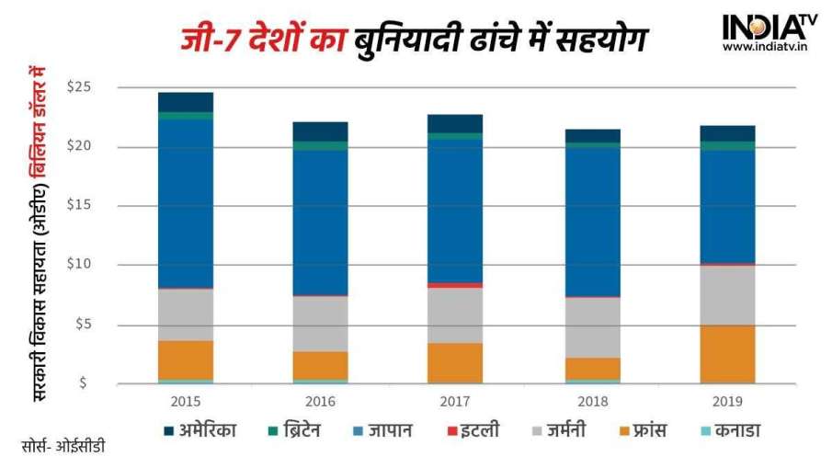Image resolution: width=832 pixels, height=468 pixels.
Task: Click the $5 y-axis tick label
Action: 82,325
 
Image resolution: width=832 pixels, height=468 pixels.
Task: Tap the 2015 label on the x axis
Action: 186,401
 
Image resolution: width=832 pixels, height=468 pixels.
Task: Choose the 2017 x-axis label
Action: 456,401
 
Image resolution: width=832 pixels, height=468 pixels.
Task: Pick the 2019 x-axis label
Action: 727,401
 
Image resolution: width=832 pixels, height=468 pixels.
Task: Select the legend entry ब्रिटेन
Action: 293,430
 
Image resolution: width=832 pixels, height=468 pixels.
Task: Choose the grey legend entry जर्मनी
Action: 560,430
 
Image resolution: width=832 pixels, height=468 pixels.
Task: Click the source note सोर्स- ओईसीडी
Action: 63,447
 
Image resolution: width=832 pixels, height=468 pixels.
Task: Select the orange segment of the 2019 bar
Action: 727,354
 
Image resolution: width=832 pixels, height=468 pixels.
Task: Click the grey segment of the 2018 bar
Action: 592,327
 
